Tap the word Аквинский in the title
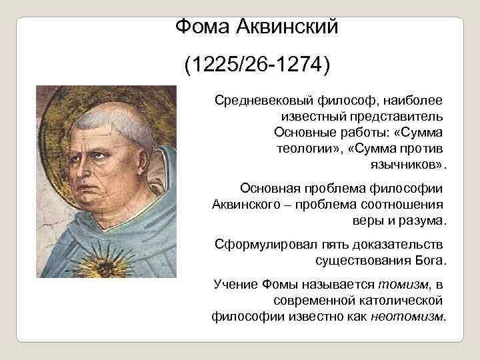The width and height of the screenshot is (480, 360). point(289,27)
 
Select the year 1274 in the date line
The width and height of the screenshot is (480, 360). point(303,66)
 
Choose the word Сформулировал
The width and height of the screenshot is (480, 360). point(257,243)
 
